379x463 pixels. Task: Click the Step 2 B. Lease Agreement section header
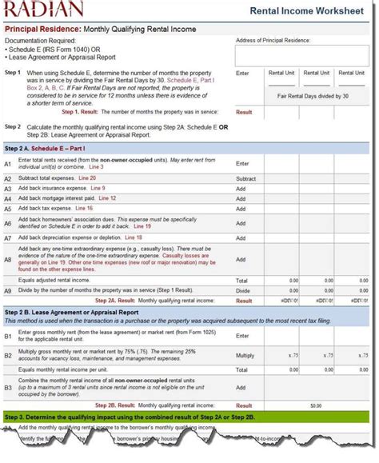[x=72, y=312]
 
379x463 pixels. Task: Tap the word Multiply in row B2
[x=245, y=354]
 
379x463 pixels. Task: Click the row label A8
[x=9, y=259]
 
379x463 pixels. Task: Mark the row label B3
[x=9, y=387]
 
